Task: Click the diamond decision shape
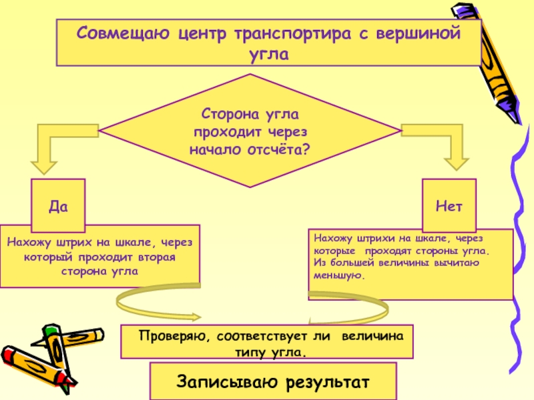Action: tap(250, 131)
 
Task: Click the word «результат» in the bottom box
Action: tap(328, 382)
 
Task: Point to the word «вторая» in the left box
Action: tap(158, 257)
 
